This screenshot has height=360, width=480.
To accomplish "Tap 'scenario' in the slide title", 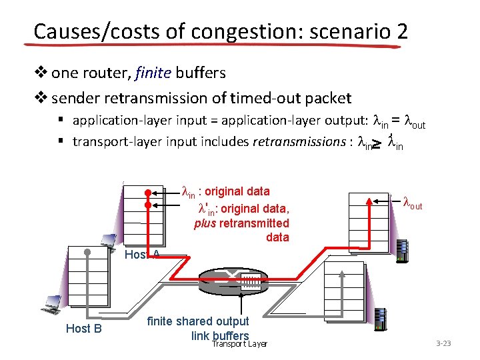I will point(342,31).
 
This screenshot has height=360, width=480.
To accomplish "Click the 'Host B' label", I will point(83,328).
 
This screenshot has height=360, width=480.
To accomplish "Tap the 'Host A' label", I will point(142,254).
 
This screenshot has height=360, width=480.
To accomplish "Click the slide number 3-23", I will point(443,343).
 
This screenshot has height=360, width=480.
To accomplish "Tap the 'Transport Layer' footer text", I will point(239,343).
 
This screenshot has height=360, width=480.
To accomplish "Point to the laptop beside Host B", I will point(51,303).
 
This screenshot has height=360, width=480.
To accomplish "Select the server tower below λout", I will point(402,251).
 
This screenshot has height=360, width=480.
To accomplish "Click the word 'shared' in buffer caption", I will point(198,321).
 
